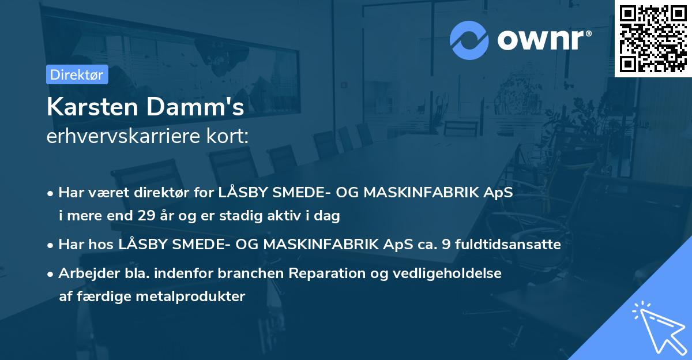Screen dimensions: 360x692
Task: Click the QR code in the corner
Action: click(x=653, y=38)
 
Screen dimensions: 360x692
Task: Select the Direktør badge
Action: click(x=77, y=74)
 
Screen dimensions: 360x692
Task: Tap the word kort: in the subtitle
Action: click(x=230, y=136)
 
